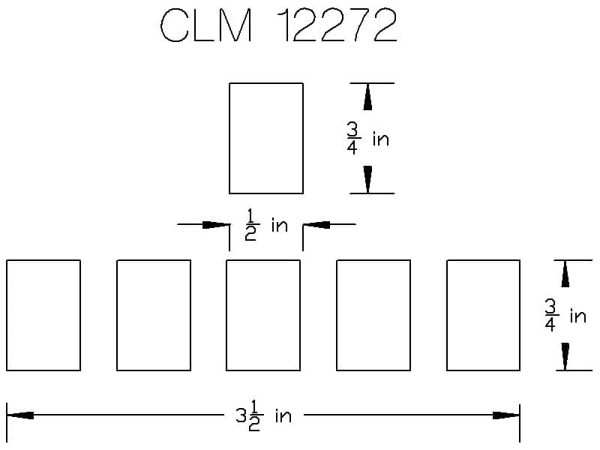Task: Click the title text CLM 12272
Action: click(x=278, y=28)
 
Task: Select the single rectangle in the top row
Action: click(x=266, y=138)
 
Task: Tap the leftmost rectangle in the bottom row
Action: click(x=43, y=315)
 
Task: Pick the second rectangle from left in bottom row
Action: click(x=154, y=315)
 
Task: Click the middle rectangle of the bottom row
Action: click(x=263, y=315)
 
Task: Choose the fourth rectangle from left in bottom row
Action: click(x=373, y=315)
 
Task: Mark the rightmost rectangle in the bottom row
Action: click(x=483, y=315)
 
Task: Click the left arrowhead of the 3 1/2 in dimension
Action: click(x=20, y=415)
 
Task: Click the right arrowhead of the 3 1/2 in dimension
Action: click(x=506, y=415)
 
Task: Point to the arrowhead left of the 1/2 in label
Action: click(x=217, y=223)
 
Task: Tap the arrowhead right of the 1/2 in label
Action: click(x=314, y=223)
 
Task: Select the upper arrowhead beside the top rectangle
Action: click(x=367, y=97)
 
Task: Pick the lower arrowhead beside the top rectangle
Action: click(x=367, y=179)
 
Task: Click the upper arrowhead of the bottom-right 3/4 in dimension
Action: click(x=565, y=274)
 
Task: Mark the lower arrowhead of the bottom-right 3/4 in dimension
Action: click(x=565, y=356)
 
